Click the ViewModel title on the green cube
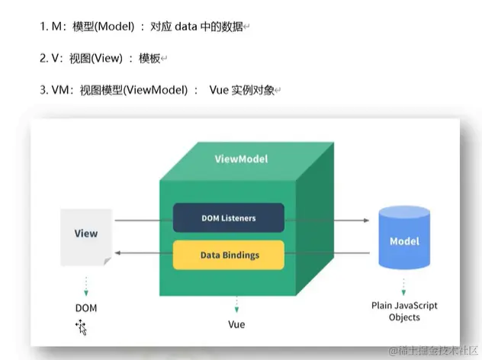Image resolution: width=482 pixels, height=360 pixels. pos(240,160)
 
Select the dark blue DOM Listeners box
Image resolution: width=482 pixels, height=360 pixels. pos(228,217)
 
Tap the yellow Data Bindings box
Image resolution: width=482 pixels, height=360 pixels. pos(228,255)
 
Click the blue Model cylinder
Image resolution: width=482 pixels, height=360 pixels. pos(404,240)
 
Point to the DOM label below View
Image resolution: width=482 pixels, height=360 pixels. pos(85,308)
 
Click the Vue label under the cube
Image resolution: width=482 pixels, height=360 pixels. pos(236,325)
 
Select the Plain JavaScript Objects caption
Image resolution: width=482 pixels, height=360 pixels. pos(404,311)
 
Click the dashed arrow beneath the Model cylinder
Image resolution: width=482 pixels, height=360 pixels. pos(404,287)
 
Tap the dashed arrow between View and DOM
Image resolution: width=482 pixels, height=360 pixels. pos(85,286)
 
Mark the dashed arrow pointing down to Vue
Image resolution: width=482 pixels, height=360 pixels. pos(236,306)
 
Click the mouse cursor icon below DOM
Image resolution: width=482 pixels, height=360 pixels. pos(81,328)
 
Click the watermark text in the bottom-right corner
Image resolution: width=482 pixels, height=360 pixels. pos(432,351)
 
